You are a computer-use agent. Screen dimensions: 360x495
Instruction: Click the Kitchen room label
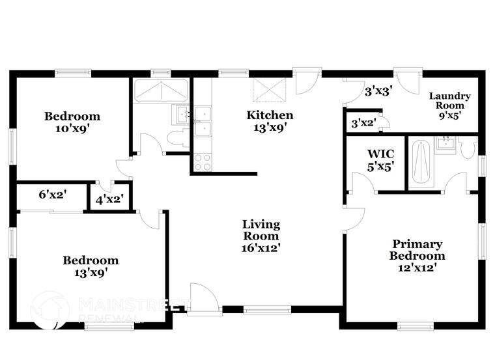[269, 115]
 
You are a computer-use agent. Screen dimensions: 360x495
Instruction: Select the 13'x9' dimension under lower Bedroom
[91, 273]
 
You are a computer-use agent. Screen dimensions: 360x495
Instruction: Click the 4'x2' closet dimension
[110, 200]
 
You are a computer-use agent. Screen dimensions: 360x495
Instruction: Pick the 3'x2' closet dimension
[363, 123]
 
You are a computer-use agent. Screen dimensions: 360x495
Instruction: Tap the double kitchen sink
[203, 121]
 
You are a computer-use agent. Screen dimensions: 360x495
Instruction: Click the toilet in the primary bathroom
[468, 148]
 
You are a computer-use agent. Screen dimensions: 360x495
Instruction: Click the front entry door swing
[203, 299]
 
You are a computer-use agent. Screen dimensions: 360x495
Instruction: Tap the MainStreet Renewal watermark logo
[50, 309]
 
